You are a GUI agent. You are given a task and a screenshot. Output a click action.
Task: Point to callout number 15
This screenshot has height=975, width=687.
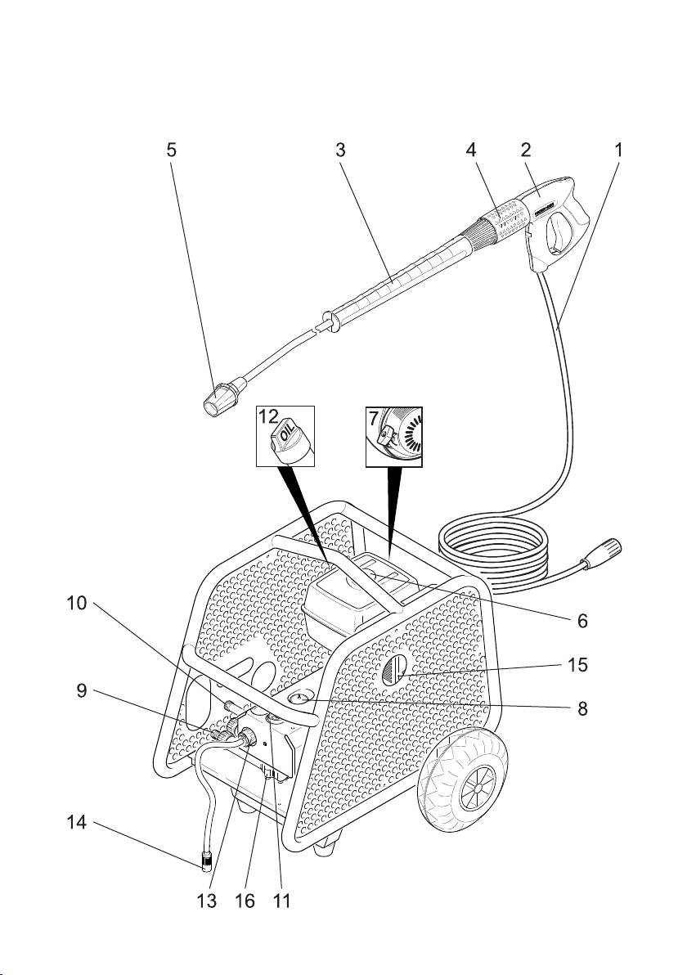tap(577, 665)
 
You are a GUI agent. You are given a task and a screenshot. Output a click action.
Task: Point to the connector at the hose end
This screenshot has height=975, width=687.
tap(605, 552)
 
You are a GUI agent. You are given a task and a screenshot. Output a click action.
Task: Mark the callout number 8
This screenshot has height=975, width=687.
tap(582, 709)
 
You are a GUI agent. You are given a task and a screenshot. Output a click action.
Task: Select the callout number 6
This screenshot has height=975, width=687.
tap(582, 621)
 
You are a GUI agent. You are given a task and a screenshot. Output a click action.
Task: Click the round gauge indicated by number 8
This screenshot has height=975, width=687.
tap(300, 699)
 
